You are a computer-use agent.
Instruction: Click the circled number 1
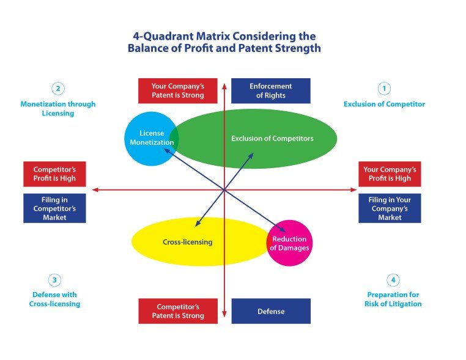pos(384,89)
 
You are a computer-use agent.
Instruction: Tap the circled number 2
pos(58,89)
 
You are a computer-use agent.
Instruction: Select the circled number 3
pos(54,280)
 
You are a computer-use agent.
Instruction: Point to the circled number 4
pos(393,280)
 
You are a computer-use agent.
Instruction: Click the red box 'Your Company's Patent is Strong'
pos(177,90)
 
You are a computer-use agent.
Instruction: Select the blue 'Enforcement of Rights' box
pos(271,90)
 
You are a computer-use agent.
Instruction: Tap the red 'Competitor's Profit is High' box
pos(54,174)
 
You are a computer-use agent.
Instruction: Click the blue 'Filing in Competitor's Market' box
pos(54,208)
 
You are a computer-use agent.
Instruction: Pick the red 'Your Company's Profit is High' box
pos(390,174)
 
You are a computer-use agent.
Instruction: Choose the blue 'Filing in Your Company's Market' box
pos(390,208)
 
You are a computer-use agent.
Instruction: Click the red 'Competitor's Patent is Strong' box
pos(177,311)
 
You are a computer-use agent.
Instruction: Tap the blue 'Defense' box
pos(271,311)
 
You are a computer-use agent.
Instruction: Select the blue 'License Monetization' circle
pos(151,138)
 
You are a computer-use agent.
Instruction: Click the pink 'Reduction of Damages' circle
pos(289,243)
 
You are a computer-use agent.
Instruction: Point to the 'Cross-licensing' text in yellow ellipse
pos(188,242)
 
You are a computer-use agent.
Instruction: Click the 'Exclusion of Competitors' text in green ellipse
pos(272,139)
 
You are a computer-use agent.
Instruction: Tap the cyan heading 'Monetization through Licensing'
pos(58,108)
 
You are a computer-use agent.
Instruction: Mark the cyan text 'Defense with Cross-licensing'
pos(54,299)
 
